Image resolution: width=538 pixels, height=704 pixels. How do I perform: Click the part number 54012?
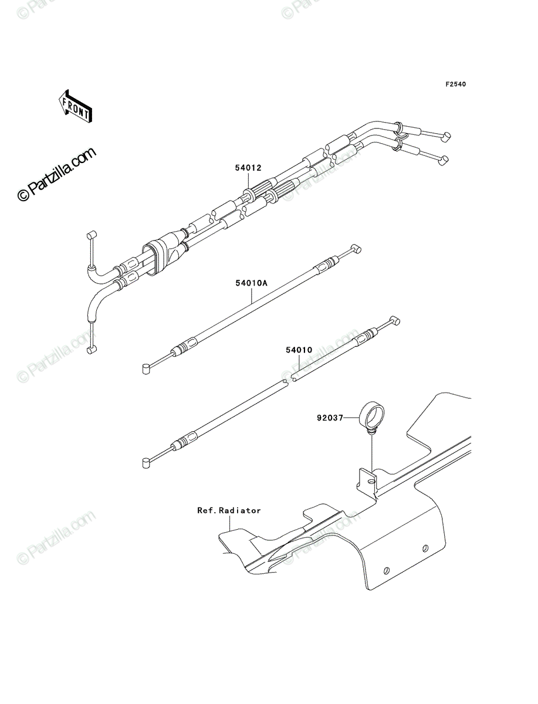[x=248, y=168]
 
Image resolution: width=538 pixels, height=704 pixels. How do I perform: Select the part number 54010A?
[x=251, y=283]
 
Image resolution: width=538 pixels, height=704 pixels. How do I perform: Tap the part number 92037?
[x=330, y=418]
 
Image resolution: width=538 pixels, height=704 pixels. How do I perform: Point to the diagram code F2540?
[x=455, y=84]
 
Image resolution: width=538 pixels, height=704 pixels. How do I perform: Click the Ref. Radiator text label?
[x=229, y=510]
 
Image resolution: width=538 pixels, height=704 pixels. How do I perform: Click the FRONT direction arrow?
[x=75, y=106]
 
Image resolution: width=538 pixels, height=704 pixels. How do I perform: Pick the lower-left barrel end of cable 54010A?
[x=146, y=369]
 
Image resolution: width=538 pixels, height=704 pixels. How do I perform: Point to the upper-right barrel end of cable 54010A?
[x=357, y=249]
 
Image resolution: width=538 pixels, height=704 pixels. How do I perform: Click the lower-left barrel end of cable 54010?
[x=146, y=463]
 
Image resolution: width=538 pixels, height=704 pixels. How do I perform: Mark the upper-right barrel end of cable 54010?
[x=395, y=321]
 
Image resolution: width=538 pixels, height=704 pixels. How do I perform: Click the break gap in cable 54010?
[x=288, y=380]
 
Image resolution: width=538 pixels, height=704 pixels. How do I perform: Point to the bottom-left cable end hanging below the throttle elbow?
[x=92, y=350]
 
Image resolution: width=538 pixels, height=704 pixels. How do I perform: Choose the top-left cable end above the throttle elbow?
[x=92, y=234]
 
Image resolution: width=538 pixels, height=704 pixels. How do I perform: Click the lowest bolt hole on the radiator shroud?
[x=387, y=571]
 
